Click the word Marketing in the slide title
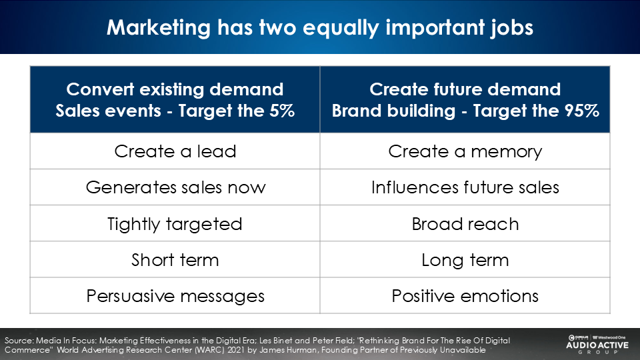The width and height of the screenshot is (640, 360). (x=159, y=28)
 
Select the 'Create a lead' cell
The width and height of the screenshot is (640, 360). (x=175, y=151)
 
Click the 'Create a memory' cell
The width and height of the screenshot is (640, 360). (x=465, y=151)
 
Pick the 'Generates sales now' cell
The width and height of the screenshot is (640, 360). (x=175, y=187)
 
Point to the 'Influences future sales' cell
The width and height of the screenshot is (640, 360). (x=465, y=187)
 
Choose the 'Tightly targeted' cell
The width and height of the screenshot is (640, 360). (x=175, y=224)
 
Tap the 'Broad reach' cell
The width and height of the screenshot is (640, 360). (x=465, y=224)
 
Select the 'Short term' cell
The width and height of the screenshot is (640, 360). (x=175, y=259)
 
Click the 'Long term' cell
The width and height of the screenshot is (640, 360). (x=465, y=259)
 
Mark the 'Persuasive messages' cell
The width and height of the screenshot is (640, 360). (x=175, y=296)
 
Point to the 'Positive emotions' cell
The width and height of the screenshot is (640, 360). (x=465, y=296)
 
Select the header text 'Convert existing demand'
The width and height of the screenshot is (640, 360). (x=175, y=89)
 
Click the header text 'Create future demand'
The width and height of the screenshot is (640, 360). (x=465, y=89)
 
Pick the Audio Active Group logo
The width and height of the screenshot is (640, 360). (x=597, y=344)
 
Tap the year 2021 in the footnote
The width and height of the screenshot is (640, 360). (x=236, y=350)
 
